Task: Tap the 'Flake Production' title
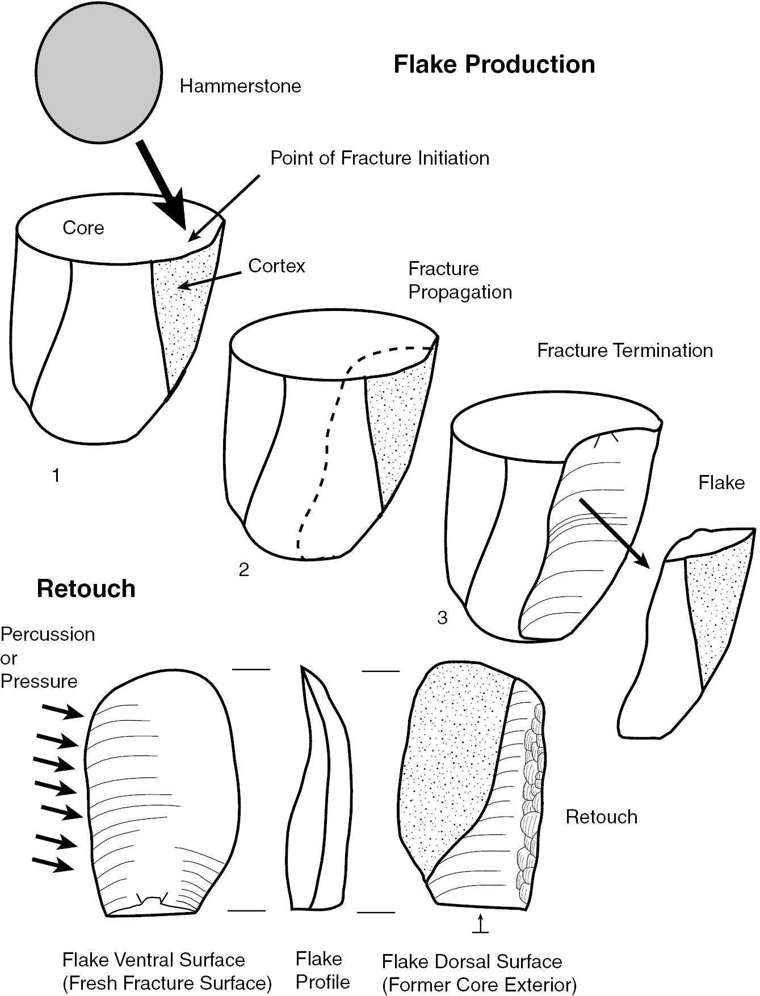click(x=494, y=65)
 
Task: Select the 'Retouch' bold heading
click(x=86, y=589)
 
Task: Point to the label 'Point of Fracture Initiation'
click(x=379, y=158)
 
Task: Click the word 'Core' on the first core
click(x=83, y=228)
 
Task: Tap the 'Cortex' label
click(x=276, y=266)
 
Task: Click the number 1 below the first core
click(x=56, y=476)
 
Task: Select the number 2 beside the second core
click(x=243, y=570)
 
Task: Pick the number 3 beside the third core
click(x=442, y=618)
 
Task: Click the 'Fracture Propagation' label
click(x=460, y=280)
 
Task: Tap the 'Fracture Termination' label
click(x=624, y=351)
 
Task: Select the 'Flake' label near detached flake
click(x=721, y=483)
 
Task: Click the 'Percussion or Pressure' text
click(x=47, y=658)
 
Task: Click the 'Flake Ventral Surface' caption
click(x=167, y=971)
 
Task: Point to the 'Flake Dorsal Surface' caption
click(x=479, y=973)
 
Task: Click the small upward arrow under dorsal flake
click(x=480, y=923)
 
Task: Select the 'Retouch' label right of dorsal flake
click(x=601, y=817)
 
